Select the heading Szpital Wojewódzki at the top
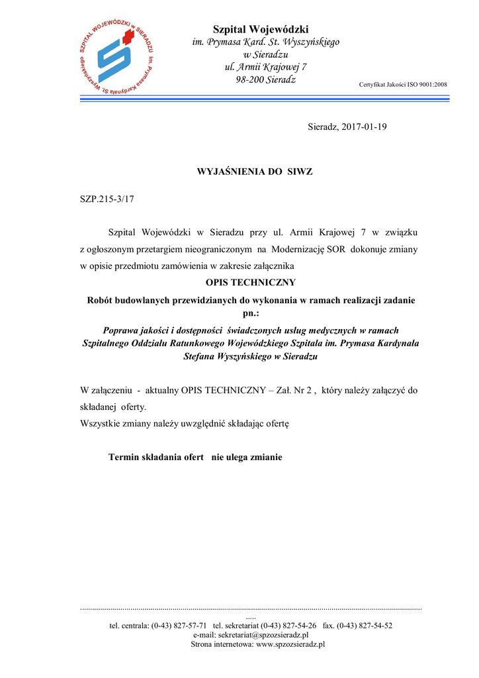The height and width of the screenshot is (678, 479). click(x=261, y=29)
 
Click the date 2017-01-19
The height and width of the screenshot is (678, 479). click(x=365, y=126)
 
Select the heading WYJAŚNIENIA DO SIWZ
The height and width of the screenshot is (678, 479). click(x=255, y=171)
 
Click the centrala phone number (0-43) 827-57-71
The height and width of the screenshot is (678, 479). click(x=179, y=625)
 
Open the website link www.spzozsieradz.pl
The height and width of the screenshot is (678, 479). click(x=290, y=644)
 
